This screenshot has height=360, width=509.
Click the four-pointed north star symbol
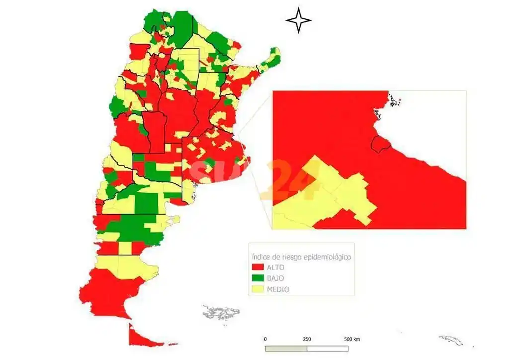(299, 20)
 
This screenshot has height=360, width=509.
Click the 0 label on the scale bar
(265, 339)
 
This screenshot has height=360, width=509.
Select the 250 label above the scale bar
(307, 339)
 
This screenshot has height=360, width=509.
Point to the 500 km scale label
(352, 339)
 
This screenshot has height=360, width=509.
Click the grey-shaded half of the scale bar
(286, 348)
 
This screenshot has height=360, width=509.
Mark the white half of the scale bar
(328, 348)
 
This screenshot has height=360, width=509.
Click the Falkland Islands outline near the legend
(221, 313)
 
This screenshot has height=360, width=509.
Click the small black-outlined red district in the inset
(381, 144)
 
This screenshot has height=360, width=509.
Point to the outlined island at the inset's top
(394, 102)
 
